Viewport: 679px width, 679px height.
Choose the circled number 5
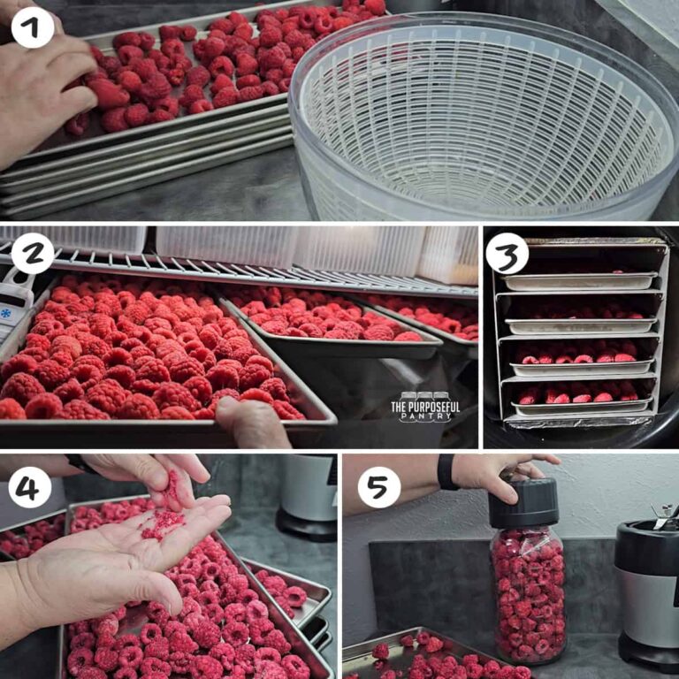(378, 486)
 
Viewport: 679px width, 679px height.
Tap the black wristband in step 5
(446, 472)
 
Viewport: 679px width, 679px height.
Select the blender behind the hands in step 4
(305, 495)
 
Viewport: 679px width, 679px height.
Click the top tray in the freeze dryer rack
(579, 281)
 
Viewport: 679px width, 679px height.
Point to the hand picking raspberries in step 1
(44, 97)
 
